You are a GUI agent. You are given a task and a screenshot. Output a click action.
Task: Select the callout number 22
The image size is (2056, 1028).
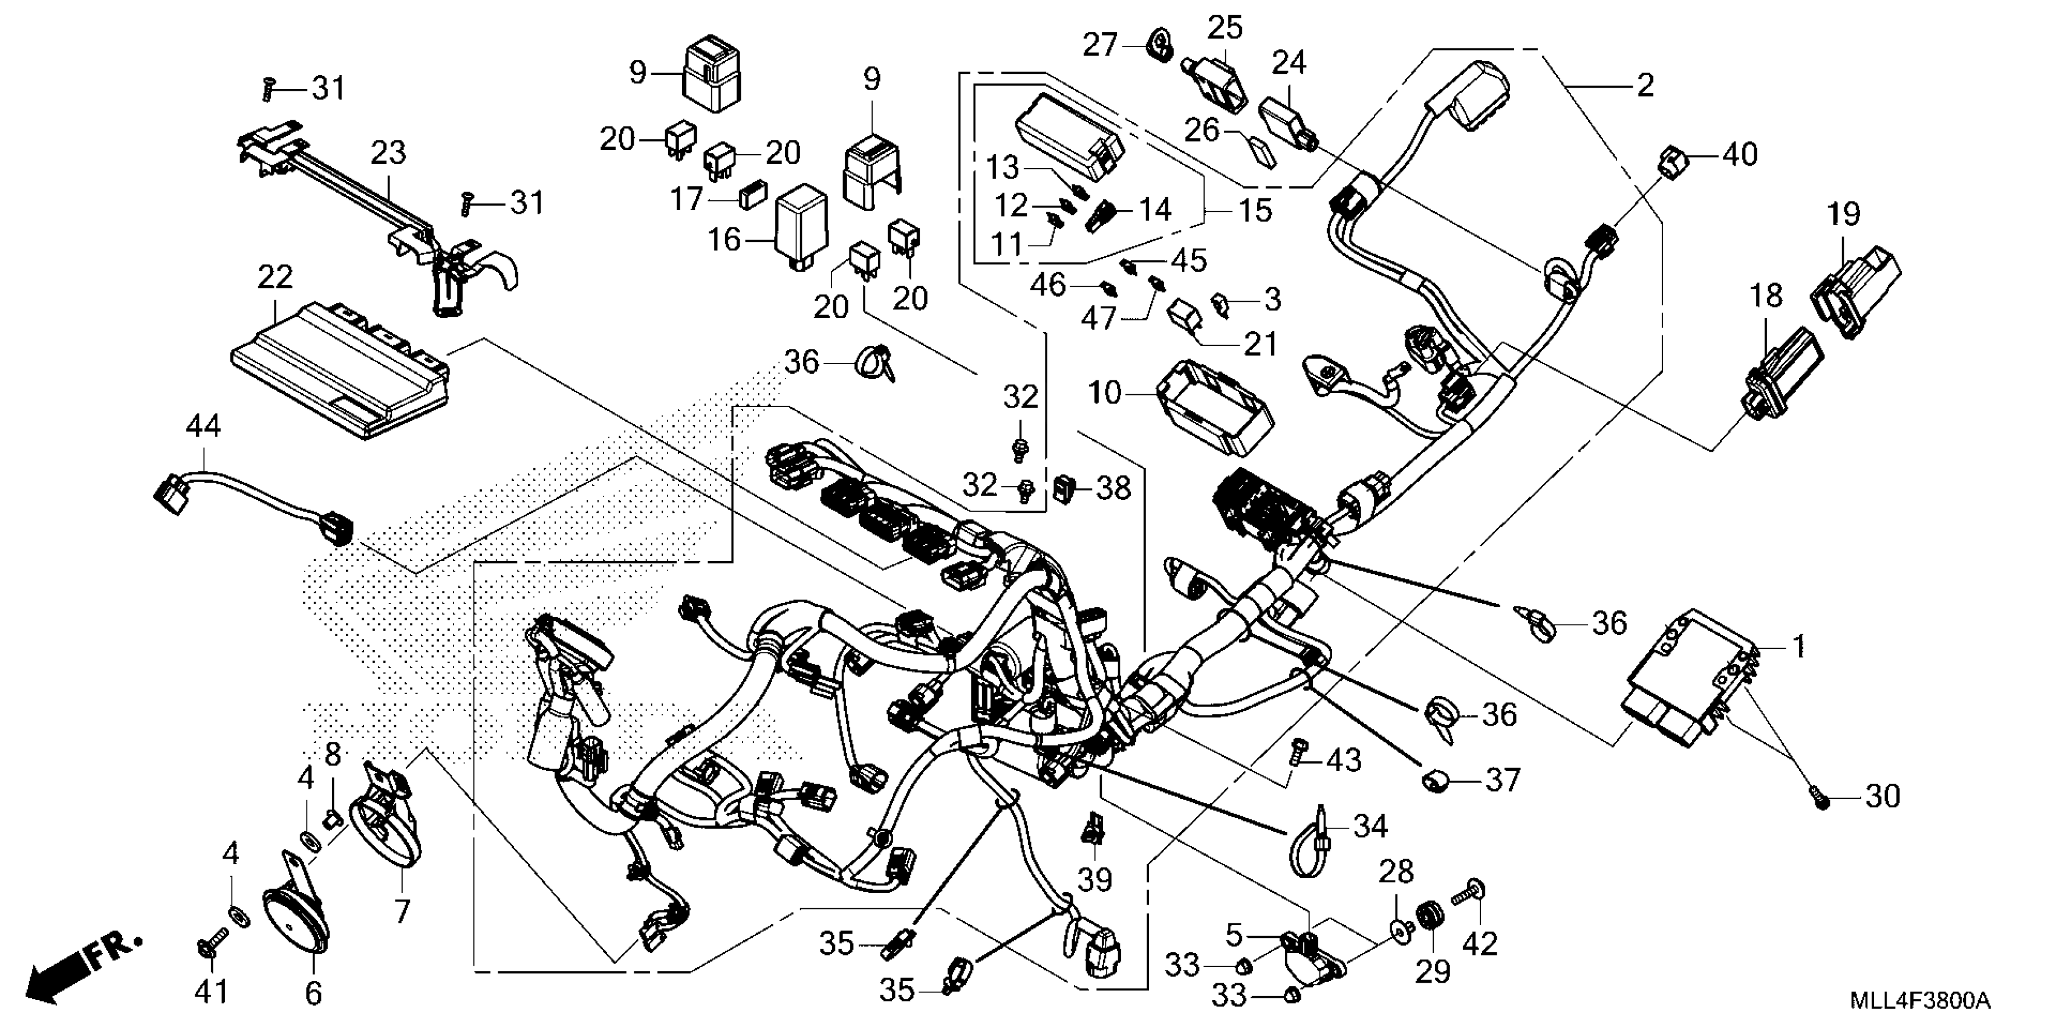click(275, 277)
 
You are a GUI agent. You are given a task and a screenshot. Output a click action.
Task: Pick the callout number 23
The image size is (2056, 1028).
click(389, 152)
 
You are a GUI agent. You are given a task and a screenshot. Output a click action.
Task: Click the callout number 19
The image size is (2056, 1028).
click(1844, 214)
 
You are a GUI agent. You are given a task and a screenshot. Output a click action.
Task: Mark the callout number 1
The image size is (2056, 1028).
click(1799, 646)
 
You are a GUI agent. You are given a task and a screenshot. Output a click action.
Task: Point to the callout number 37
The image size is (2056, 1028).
click(1503, 780)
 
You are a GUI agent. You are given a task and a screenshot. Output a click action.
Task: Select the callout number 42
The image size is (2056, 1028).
click(1480, 944)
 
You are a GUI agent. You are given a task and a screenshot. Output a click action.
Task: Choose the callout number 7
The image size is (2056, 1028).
click(402, 909)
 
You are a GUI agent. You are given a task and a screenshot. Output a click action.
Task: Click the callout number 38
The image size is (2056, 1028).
click(1113, 487)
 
